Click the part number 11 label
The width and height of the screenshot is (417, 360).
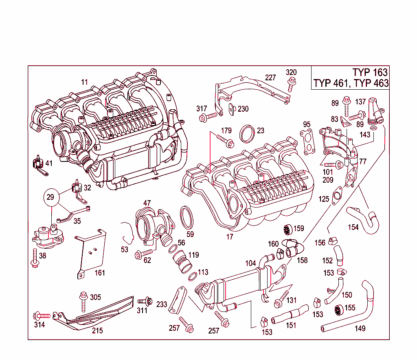[84, 82]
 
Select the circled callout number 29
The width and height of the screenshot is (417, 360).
[50, 197]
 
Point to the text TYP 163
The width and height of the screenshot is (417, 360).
[370, 73]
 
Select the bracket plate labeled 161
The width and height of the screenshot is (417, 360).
[91, 253]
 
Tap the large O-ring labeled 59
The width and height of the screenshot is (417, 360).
[187, 216]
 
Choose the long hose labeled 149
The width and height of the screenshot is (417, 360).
[358, 310]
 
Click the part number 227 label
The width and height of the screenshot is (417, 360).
[271, 77]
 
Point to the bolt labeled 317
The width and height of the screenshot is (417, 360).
[208, 117]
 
